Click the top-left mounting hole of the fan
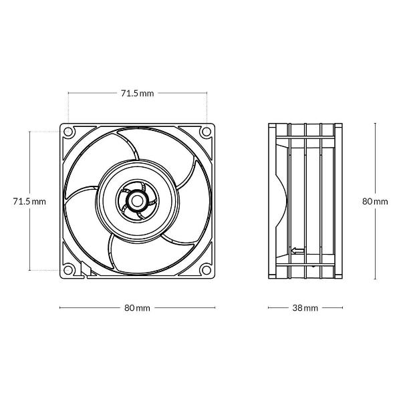tap(68, 132)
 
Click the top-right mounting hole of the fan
tap(207, 132)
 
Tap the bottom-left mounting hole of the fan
tap(68, 270)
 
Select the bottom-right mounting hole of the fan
tap(207, 270)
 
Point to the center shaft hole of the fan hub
tap(137, 200)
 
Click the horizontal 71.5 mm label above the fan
tap(137, 94)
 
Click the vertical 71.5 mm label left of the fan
tap(29, 202)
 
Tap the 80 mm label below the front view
tap(137, 307)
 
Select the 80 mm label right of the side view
tap(375, 202)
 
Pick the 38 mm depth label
tap(305, 307)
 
